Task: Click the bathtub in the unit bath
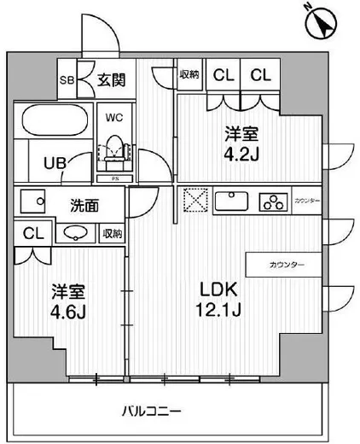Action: tap(54, 121)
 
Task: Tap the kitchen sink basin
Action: tap(231, 202)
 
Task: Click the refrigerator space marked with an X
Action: tap(192, 202)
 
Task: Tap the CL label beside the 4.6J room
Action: tap(30, 232)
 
